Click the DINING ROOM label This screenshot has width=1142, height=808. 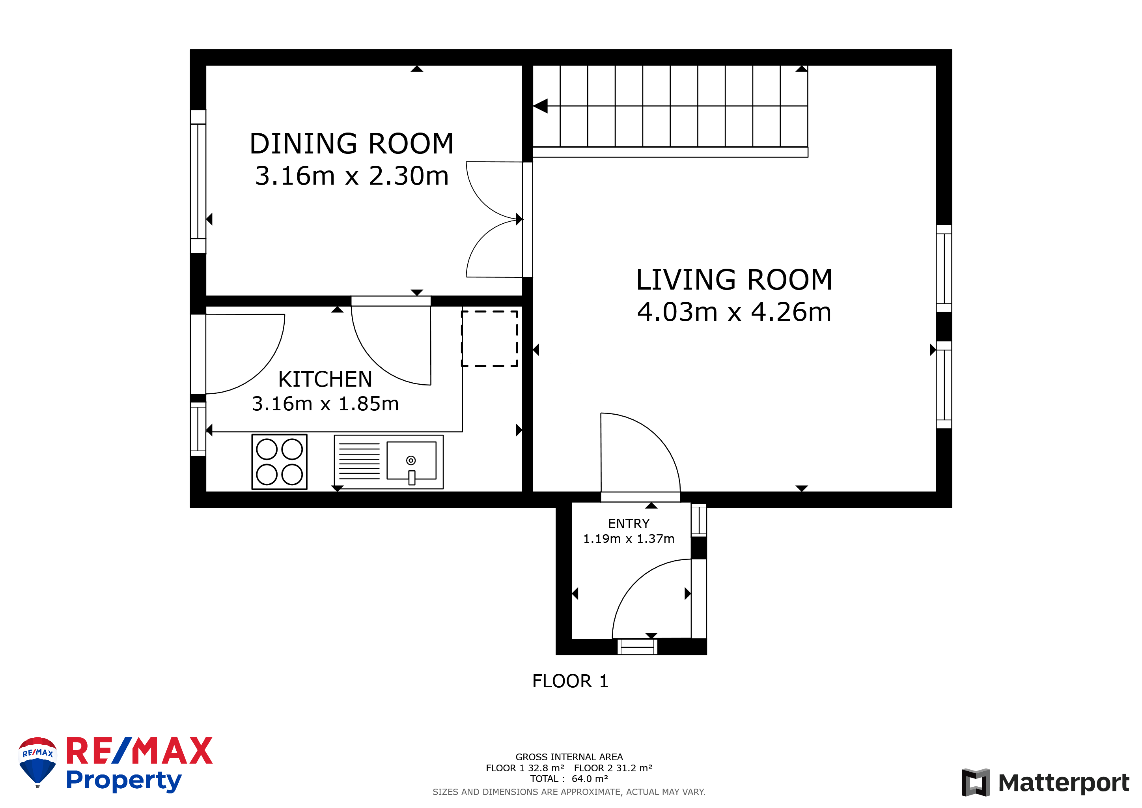pyautogui.click(x=352, y=143)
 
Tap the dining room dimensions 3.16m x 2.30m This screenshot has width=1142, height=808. pyautogui.click(x=352, y=176)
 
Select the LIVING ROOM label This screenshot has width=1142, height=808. pyautogui.click(x=734, y=280)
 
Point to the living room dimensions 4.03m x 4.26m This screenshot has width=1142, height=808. pyautogui.click(x=734, y=312)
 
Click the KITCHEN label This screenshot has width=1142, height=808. pyautogui.click(x=325, y=380)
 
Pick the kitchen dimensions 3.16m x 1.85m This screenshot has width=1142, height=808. pyautogui.click(x=325, y=404)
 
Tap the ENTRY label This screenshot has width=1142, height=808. pyautogui.click(x=629, y=524)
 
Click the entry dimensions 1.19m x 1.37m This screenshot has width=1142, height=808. pyautogui.click(x=629, y=539)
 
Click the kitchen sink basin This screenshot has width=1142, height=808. pyautogui.click(x=411, y=461)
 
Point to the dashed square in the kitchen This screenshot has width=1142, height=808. pyautogui.click(x=490, y=339)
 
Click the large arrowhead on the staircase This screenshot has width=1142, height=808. pyautogui.click(x=541, y=106)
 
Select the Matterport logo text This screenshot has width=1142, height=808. pyautogui.click(x=1064, y=783)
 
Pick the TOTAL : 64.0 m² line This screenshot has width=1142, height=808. pyautogui.click(x=569, y=779)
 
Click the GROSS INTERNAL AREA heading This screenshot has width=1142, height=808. pyautogui.click(x=569, y=757)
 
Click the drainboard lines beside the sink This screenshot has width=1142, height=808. pyautogui.click(x=359, y=461)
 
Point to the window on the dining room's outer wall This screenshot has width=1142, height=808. pyautogui.click(x=198, y=181)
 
